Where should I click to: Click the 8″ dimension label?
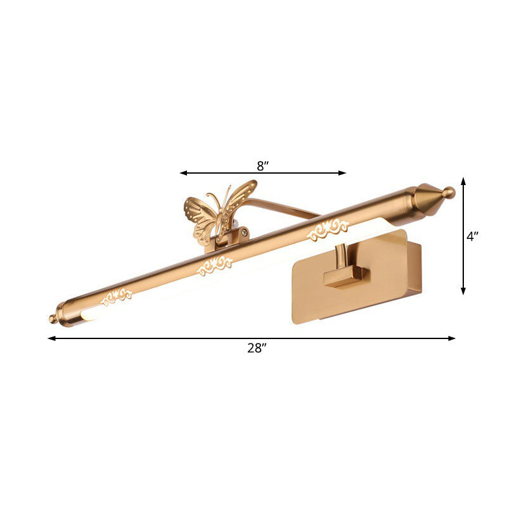tap(263, 166)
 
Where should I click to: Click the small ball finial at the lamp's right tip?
tap(449, 191)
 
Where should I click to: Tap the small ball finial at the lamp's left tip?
tap(53, 319)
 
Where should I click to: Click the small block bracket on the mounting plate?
tap(346, 277)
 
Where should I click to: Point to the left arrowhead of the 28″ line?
tap(51, 338)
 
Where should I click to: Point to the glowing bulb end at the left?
tap(87, 315)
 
